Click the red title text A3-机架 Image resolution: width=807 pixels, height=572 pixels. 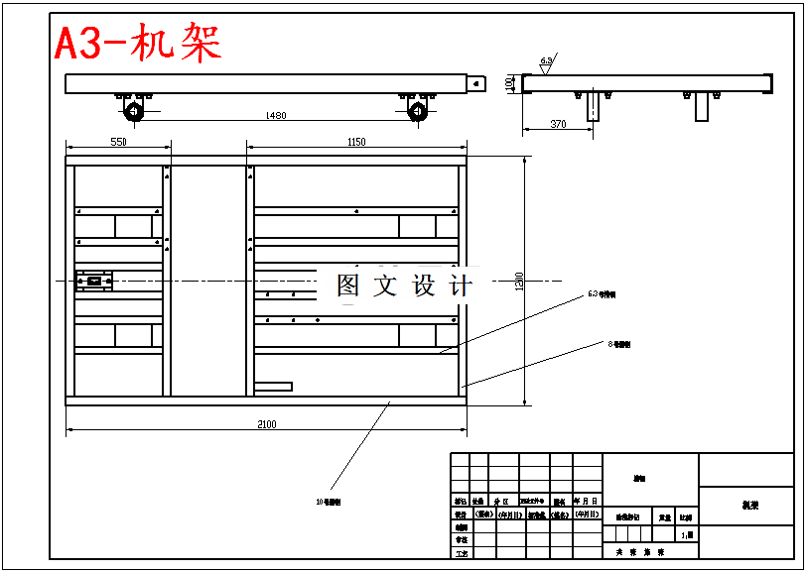[x=137, y=45]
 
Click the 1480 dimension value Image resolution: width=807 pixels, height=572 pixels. [x=276, y=116]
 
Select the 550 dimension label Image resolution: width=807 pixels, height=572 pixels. [x=118, y=142]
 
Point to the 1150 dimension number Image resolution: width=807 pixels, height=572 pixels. [x=356, y=142]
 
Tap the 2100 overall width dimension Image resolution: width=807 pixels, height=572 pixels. [x=266, y=424]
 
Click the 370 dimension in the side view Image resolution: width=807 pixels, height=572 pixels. [x=558, y=124]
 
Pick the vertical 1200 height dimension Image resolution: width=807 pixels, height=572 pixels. [x=518, y=282]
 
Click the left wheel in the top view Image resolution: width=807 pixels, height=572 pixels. [x=134, y=110]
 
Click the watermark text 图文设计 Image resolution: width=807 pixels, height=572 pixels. [x=404, y=286]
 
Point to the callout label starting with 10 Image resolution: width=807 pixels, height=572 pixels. [x=329, y=503]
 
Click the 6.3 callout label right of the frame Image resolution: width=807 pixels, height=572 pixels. [x=602, y=294]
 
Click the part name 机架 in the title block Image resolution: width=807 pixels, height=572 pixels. [x=748, y=505]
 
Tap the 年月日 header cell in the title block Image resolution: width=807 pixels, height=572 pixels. [x=588, y=502]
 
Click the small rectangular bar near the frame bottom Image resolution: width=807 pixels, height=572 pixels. [x=273, y=386]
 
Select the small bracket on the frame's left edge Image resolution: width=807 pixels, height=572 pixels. [x=94, y=281]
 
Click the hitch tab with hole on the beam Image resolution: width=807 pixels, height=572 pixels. [x=477, y=83]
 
